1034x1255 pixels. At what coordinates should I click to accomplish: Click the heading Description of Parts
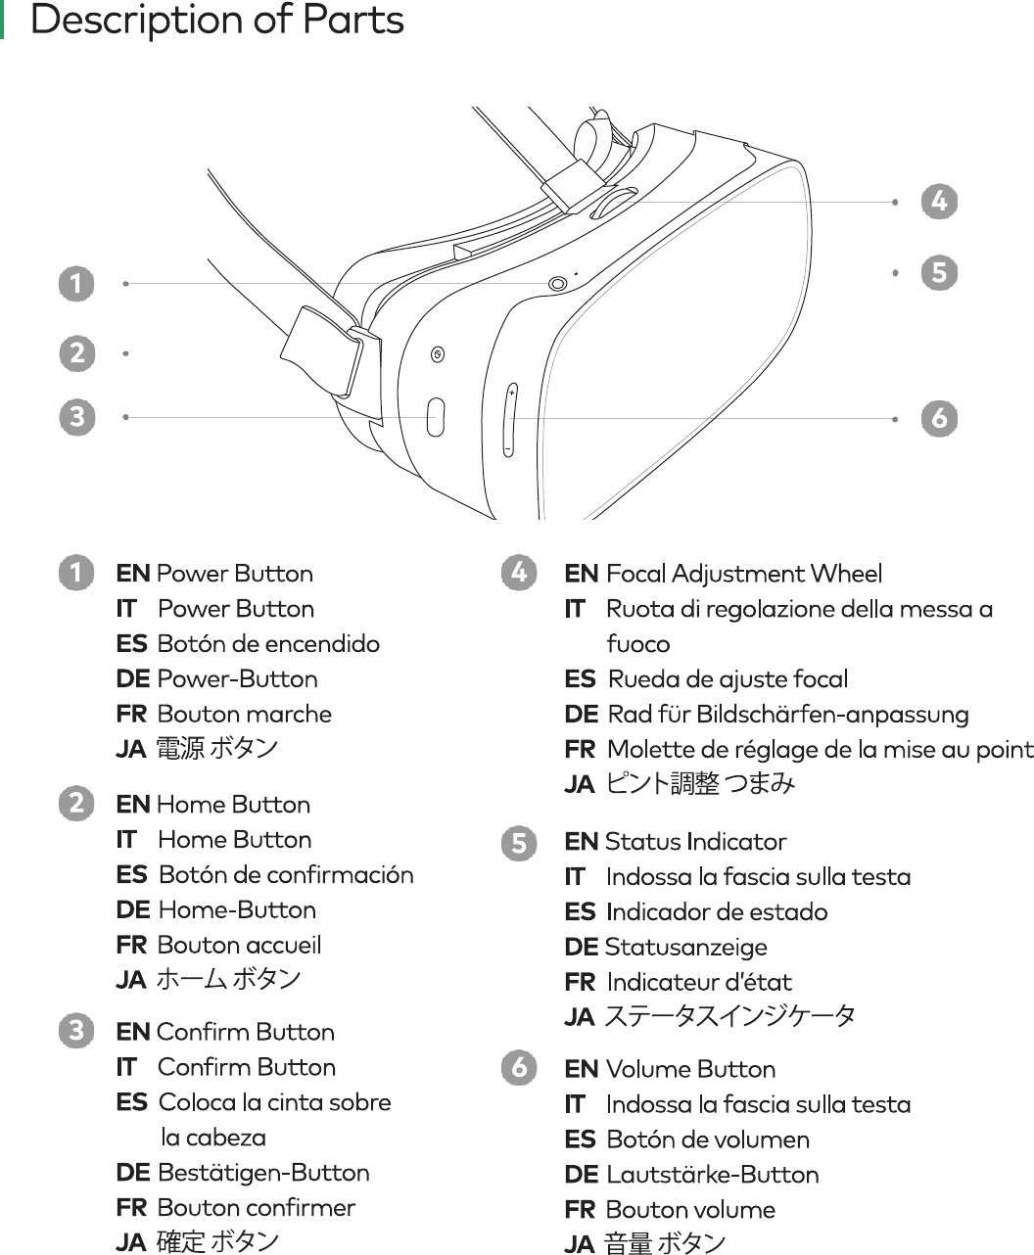pos(216,21)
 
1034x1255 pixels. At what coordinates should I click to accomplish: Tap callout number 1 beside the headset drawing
pos(76,284)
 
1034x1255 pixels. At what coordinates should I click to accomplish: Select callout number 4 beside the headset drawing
pos(939,202)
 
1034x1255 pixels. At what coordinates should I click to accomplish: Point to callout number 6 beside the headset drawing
pos(939,419)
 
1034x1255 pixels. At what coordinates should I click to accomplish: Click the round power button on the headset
pos(558,283)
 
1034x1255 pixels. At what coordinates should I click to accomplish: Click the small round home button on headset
pos(438,353)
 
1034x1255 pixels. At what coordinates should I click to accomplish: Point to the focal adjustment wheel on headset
pos(613,203)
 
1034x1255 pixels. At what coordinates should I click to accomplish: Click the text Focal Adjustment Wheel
pos(743,574)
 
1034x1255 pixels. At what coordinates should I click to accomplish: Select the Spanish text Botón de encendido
pos(268,644)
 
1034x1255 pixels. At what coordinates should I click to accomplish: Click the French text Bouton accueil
pos(239,946)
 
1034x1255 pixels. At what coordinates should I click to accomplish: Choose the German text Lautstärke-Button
pos(712,1175)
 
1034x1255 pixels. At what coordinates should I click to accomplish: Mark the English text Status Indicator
pos(695,842)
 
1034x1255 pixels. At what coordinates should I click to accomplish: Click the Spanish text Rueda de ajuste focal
pos(728,679)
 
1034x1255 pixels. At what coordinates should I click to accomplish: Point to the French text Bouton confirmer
pos(256,1208)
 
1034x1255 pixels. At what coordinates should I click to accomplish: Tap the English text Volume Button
pos(690,1069)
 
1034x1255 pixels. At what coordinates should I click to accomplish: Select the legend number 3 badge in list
pos(76,1031)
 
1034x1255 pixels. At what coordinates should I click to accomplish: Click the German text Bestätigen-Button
pos(263,1173)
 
